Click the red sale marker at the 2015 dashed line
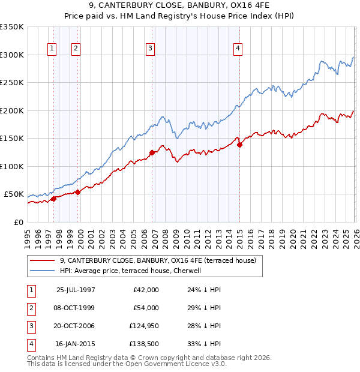[x=239, y=145]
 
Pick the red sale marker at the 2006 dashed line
[x=152, y=152]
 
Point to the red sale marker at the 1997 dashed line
[x=53, y=199]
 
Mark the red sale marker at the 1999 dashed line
[x=77, y=192]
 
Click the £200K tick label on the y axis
[x=12, y=110]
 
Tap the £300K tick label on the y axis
[x=12, y=55]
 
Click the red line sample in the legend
[x=43, y=260]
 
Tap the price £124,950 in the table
[x=142, y=326]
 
